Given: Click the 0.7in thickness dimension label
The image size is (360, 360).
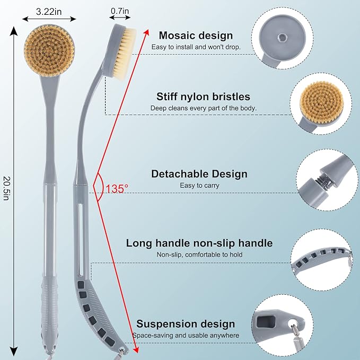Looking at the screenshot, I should [120, 10].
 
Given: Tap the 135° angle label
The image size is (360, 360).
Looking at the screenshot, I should [117, 188].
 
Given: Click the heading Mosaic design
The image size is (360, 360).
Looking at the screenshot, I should [196, 36].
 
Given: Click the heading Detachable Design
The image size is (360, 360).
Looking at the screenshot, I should [199, 174].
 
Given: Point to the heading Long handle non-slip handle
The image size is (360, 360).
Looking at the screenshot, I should [199, 243].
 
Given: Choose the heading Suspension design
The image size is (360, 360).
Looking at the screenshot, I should [186, 324].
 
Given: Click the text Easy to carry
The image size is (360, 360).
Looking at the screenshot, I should [199, 186].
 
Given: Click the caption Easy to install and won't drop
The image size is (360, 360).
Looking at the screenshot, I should [196, 47].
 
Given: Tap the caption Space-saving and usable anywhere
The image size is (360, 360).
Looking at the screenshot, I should [186, 336].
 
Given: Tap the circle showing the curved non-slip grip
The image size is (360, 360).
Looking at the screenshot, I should [325, 257].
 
